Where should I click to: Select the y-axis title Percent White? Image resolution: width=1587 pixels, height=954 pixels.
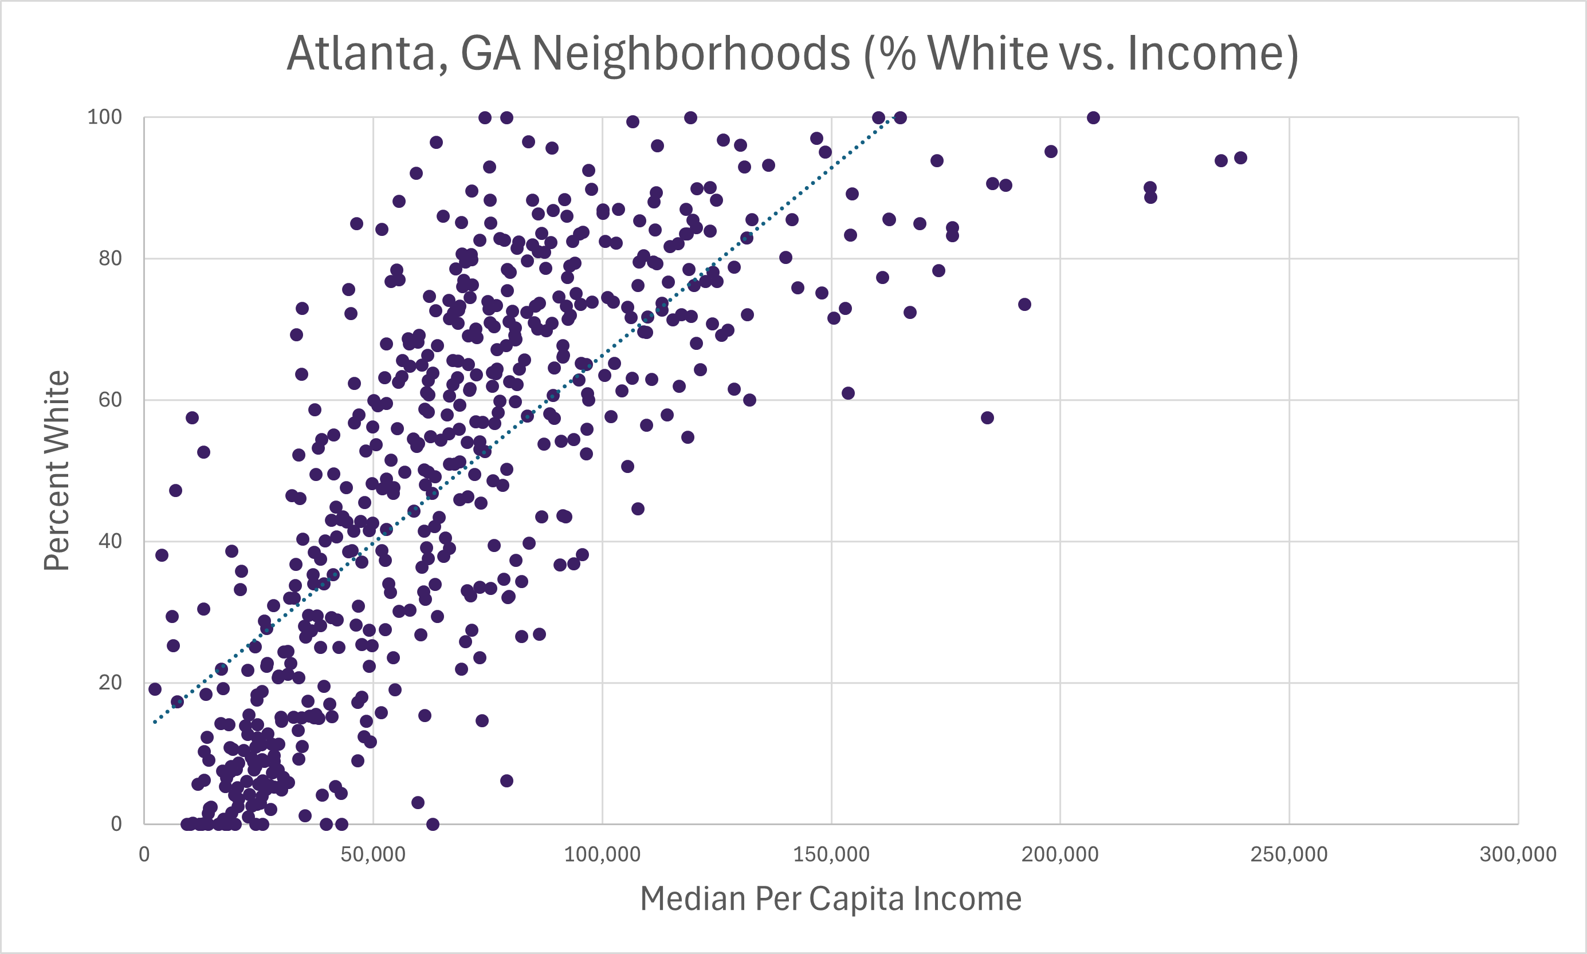pos(57,470)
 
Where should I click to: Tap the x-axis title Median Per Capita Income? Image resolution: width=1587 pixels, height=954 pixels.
pos(830,898)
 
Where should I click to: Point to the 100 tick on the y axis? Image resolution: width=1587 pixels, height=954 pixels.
pos(104,117)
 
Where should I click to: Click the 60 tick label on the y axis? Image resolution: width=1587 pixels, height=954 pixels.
pos(110,400)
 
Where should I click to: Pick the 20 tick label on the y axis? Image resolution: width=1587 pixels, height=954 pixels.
pos(110,682)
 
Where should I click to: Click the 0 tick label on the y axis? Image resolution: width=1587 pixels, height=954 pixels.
pos(116,823)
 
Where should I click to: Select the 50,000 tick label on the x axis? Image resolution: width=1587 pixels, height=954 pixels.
pos(373,854)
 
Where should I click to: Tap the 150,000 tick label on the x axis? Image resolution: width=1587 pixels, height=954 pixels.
pos(831,854)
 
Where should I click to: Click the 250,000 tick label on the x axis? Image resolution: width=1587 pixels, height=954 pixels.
pos(1289,854)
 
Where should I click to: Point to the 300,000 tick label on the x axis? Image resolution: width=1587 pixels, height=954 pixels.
pos(1518,854)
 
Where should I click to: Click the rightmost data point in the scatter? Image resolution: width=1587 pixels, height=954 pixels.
pos(1240,158)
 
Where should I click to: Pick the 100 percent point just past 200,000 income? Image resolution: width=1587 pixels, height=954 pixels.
pos(1093,117)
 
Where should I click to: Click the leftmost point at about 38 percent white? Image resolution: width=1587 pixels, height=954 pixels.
pos(162,555)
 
